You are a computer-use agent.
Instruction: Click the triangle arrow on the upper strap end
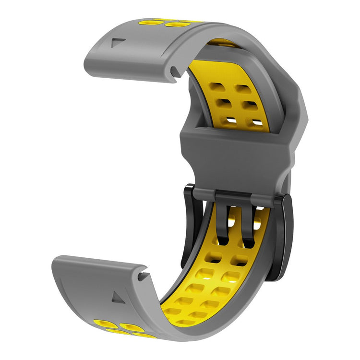pyautogui.click(x=117, y=43)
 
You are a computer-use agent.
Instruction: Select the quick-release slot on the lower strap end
pyautogui.click(x=142, y=276)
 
